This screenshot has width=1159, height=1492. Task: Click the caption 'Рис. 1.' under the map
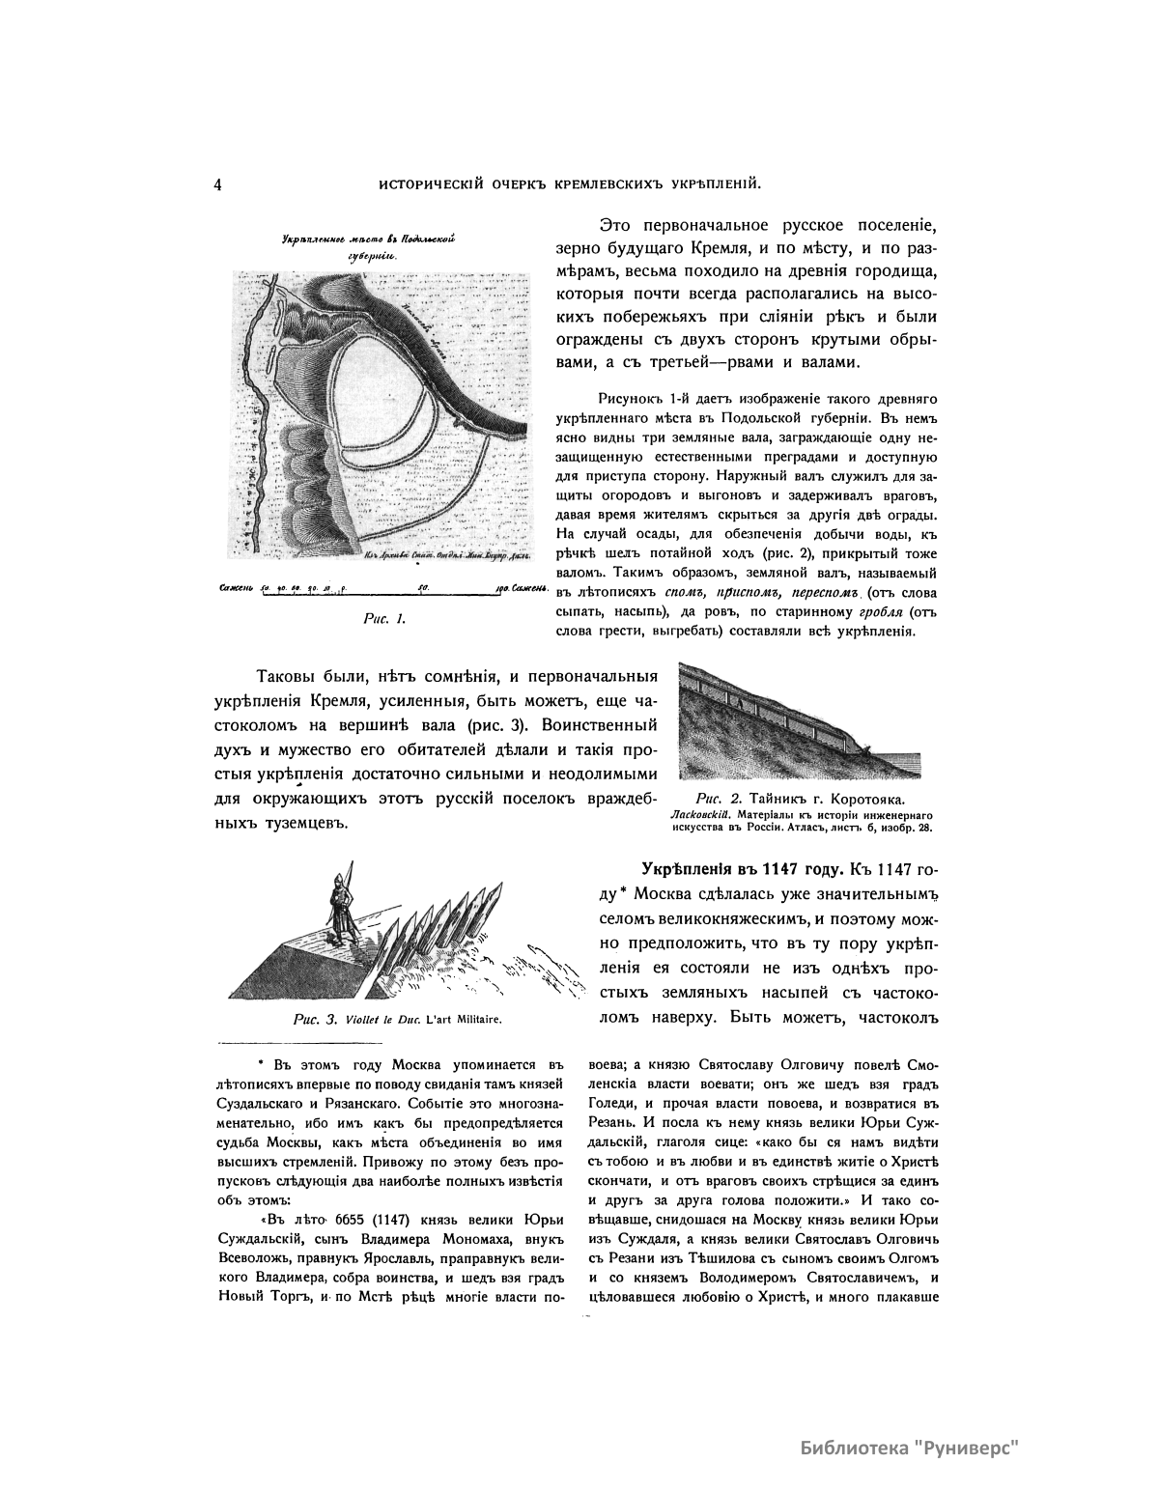pyautogui.click(x=384, y=619)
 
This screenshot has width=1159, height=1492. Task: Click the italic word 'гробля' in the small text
pyautogui.click(x=862, y=611)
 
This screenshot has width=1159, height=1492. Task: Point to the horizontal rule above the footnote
pyautogui.click(x=275, y=1043)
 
